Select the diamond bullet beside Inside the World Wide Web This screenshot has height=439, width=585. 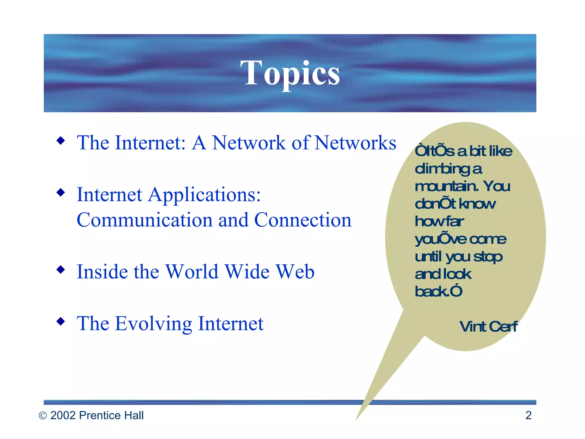pyautogui.click(x=61, y=269)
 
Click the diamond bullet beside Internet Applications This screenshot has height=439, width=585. pyautogui.click(x=61, y=192)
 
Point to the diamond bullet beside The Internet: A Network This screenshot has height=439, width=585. pyautogui.click(x=61, y=140)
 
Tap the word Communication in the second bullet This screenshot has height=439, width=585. pyautogui.click(x=145, y=220)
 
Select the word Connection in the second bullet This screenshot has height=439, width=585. pyautogui.click(x=303, y=220)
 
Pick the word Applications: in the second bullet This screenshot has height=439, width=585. pyautogui.click(x=204, y=195)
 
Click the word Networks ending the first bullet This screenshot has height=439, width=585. pyautogui.click(x=355, y=143)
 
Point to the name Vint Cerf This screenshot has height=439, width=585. pyautogui.click(x=488, y=326)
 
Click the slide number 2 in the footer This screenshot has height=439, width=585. pyautogui.click(x=528, y=415)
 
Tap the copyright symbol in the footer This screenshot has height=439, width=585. pyautogui.click(x=43, y=416)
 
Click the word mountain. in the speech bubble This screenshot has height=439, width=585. pyautogui.click(x=446, y=186)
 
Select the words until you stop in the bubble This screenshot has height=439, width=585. pyautogui.click(x=458, y=257)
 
